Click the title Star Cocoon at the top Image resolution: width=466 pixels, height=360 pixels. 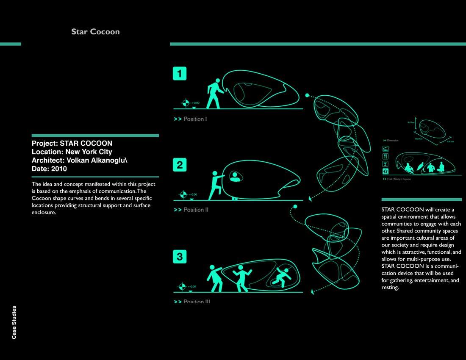(95, 32)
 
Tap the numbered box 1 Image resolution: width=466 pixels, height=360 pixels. (180, 74)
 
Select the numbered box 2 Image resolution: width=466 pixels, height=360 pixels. (180, 165)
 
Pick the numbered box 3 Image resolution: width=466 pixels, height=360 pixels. (180, 256)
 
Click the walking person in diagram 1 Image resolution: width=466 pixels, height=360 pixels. (214, 94)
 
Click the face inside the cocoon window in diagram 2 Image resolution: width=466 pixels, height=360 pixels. (234, 176)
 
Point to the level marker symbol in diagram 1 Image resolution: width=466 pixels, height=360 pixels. (185, 103)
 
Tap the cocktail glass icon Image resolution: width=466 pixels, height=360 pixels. (386, 164)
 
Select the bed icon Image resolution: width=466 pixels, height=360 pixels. (386, 149)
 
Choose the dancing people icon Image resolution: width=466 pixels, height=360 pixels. (386, 172)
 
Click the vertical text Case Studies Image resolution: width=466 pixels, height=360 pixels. (14, 322)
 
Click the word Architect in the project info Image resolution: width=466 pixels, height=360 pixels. (47, 160)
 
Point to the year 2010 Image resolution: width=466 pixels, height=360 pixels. (59, 169)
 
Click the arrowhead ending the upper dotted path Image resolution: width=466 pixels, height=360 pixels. (311, 198)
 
